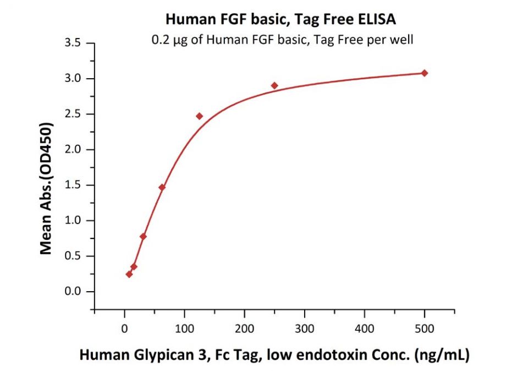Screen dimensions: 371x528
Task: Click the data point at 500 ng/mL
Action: coord(424,73)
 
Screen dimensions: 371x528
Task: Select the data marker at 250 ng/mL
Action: coord(274,85)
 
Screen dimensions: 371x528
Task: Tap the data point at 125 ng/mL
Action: coord(199,116)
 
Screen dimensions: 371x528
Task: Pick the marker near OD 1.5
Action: coord(162,187)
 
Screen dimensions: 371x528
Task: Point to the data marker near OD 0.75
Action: coord(143,237)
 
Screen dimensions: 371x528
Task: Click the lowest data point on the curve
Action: coord(129,274)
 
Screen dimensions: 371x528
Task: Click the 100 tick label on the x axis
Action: coord(184,329)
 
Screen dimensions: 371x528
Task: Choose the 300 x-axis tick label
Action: coord(304,329)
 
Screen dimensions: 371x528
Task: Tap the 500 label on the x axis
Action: coord(424,329)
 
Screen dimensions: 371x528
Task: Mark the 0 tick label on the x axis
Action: coord(125,329)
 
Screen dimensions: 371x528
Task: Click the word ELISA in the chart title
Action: coord(376,20)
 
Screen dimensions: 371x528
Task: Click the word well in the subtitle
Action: coord(403,40)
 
